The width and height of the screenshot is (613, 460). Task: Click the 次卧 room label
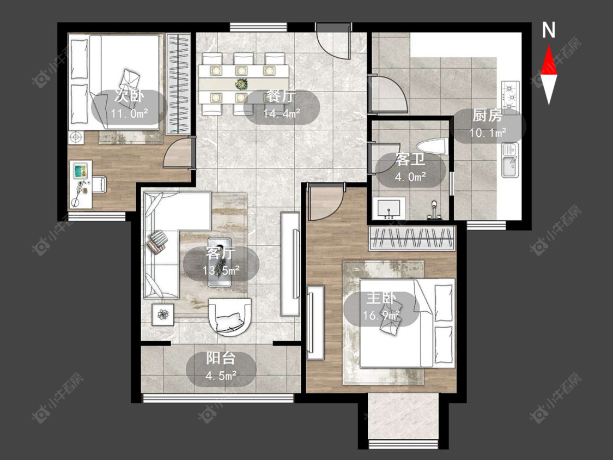pyautogui.click(x=129, y=96)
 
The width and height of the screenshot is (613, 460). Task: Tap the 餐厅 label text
pyautogui.click(x=281, y=96)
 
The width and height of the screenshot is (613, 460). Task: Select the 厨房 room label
pyautogui.click(x=487, y=116)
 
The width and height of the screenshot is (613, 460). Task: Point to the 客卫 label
pyautogui.click(x=410, y=160)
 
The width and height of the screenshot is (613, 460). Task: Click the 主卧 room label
pyautogui.click(x=381, y=299)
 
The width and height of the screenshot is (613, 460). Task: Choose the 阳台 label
pyautogui.click(x=221, y=358)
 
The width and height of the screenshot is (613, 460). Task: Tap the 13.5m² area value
pyautogui.click(x=221, y=270)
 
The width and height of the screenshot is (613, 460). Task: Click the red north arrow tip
pyautogui.click(x=549, y=46)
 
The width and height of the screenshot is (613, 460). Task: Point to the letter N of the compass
pyautogui.click(x=549, y=30)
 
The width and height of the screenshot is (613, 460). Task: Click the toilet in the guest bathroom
pyautogui.click(x=433, y=146)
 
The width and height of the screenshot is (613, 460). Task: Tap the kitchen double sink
pyautogui.click(x=510, y=160)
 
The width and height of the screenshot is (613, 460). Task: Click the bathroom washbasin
pyautogui.click(x=389, y=208)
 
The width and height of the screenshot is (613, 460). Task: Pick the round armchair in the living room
pyautogui.click(x=229, y=317)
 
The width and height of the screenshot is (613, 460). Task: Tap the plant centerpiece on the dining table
pyautogui.click(x=241, y=84)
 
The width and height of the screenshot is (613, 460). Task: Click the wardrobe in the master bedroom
pyautogui.click(x=412, y=238)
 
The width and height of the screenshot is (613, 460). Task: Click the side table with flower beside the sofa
pyautogui.click(x=163, y=314)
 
